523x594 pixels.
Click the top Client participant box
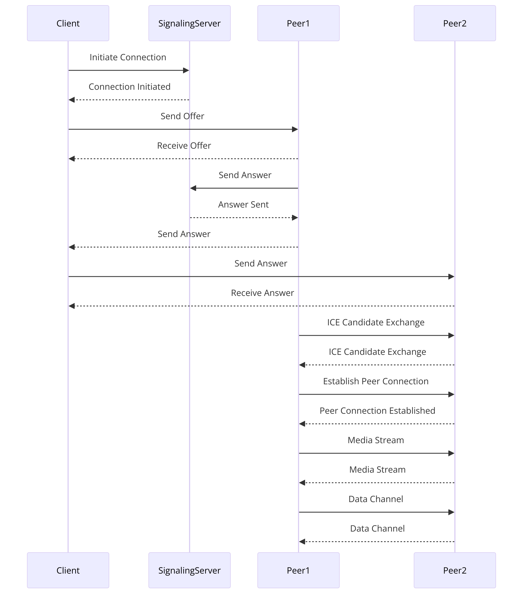(68, 23)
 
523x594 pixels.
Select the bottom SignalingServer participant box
(189, 570)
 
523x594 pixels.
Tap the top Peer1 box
(298, 23)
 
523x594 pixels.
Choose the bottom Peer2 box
(455, 570)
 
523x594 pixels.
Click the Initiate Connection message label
(128, 57)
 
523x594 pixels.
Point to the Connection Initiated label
(129, 87)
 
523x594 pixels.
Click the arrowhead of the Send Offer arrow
(295, 129)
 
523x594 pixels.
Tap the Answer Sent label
(243, 205)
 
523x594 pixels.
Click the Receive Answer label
(262, 293)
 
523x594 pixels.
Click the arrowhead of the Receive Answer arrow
(72, 306)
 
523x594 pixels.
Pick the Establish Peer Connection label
(376, 381)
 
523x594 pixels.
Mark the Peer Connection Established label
(377, 411)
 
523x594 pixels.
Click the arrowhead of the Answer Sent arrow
(295, 218)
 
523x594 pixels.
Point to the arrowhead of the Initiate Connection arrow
(186, 70)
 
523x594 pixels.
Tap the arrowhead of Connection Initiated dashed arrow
(72, 100)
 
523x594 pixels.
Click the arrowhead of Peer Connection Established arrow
(302, 424)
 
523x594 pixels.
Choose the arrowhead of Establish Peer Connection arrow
(451, 394)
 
